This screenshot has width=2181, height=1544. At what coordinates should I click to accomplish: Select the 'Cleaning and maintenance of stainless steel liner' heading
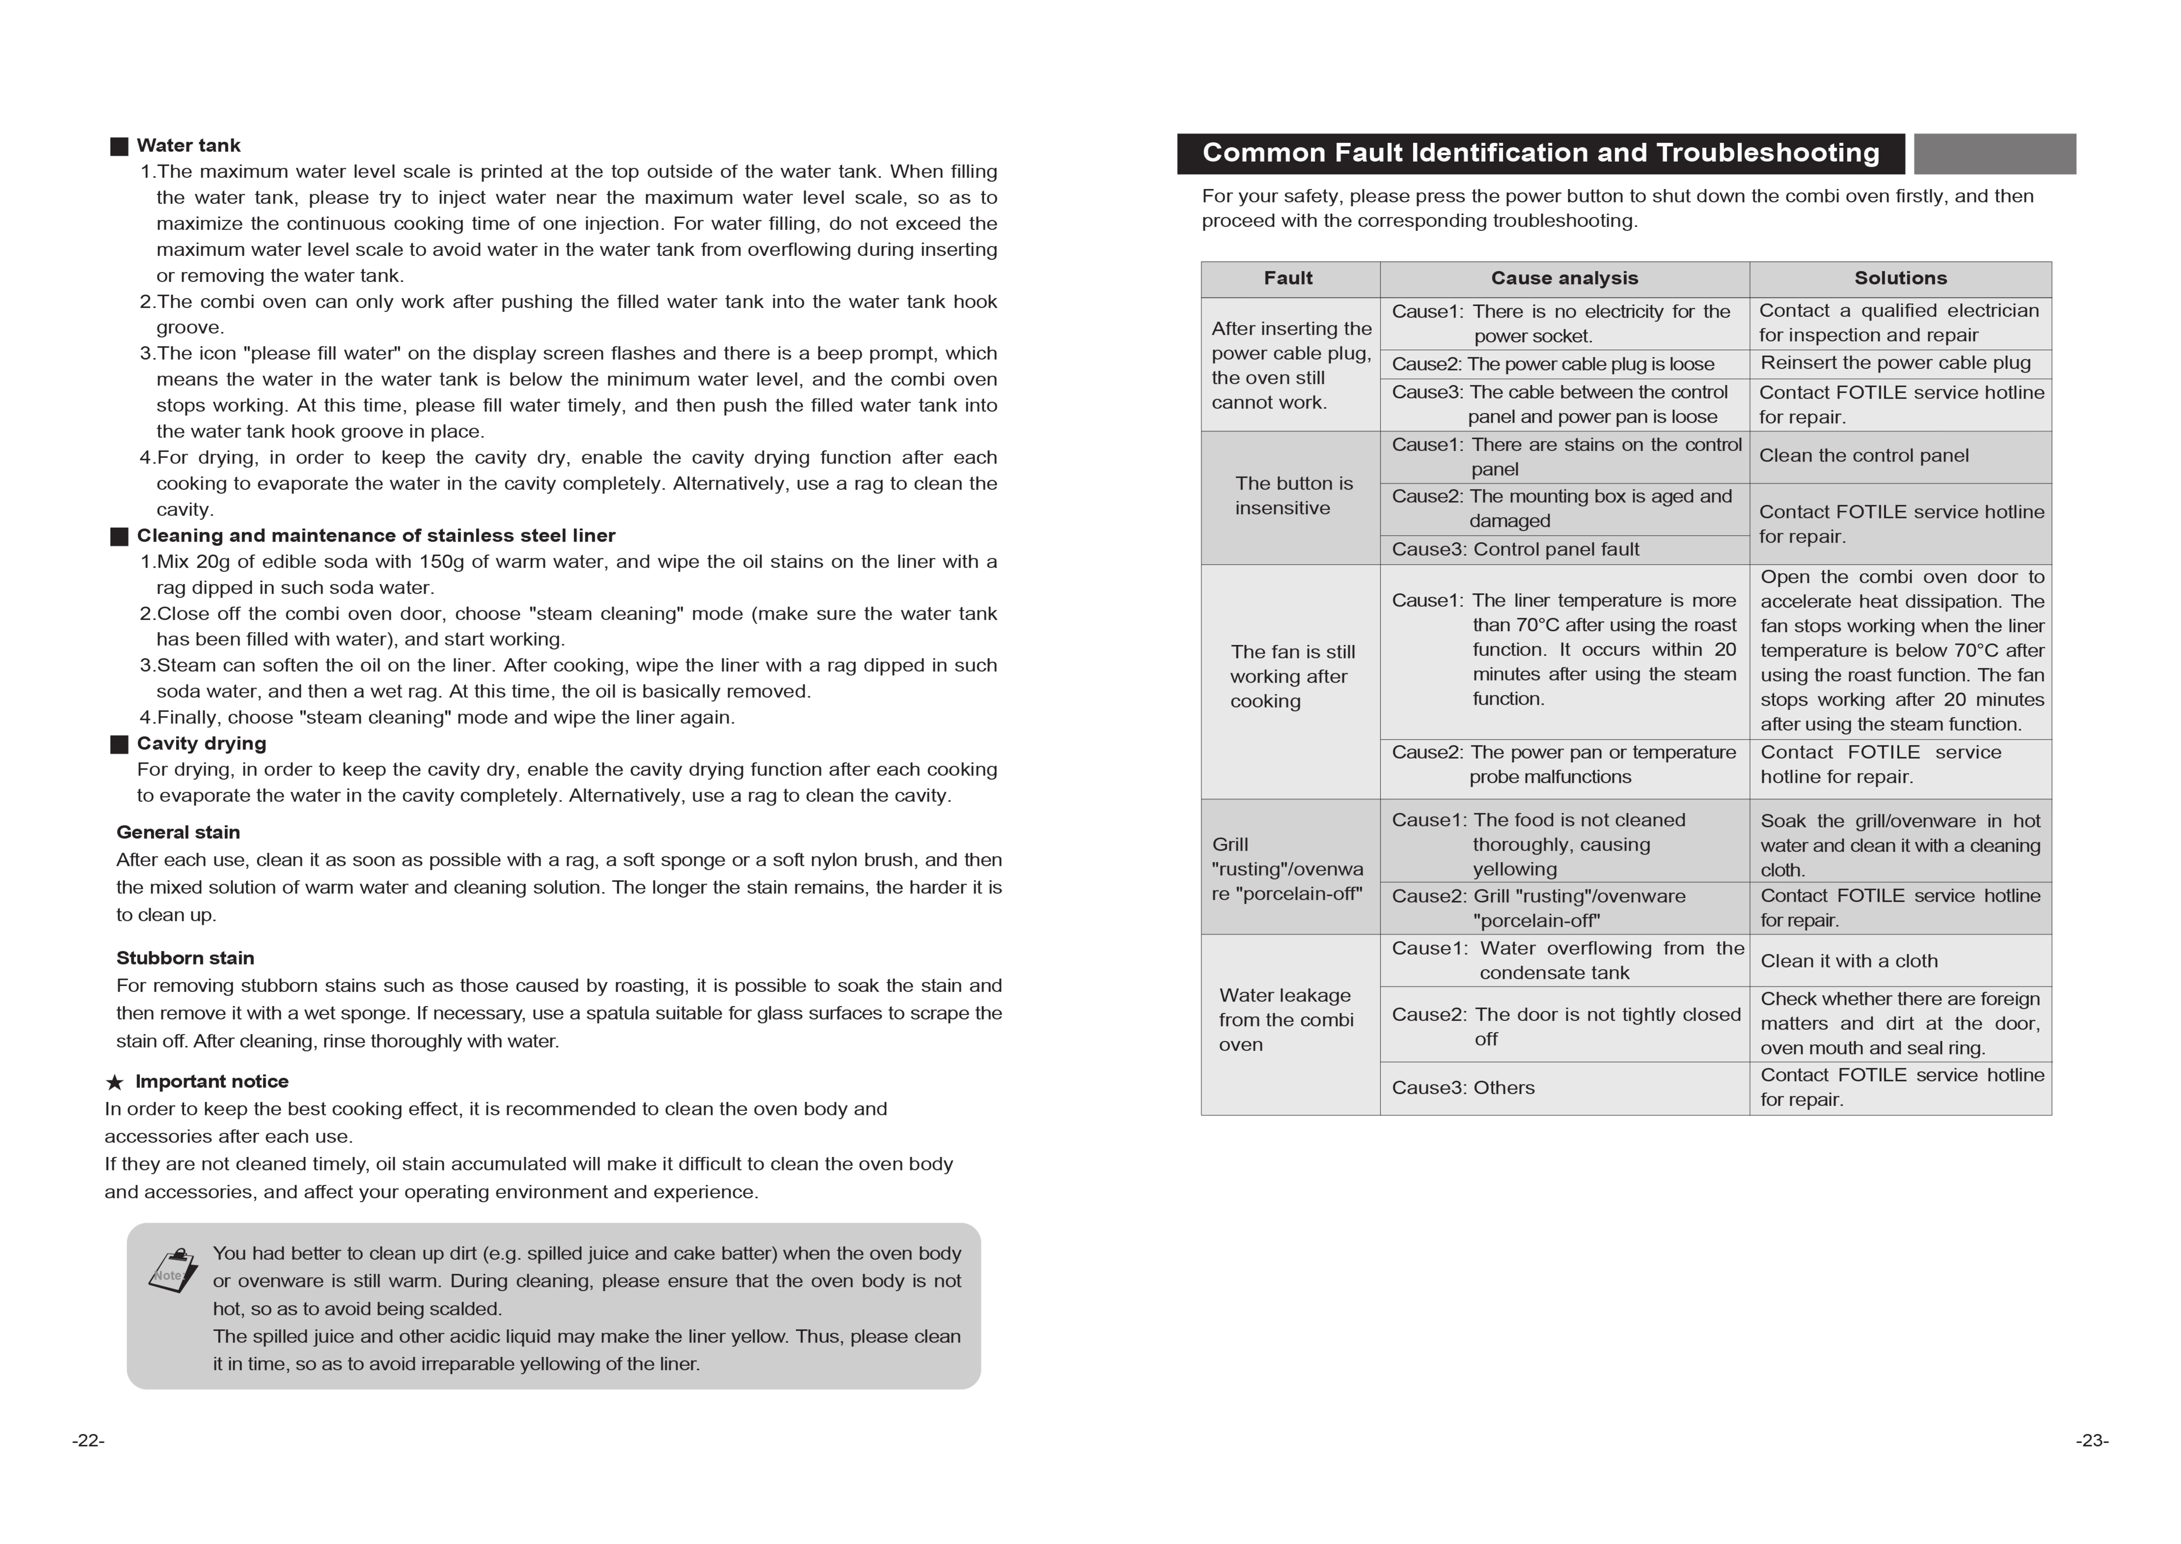coord(375,535)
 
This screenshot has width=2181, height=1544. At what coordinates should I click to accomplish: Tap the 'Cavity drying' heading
coord(201,744)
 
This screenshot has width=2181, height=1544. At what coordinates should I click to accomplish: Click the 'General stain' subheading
coord(178,832)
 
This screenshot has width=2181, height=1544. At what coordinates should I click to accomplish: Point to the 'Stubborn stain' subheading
coord(185,957)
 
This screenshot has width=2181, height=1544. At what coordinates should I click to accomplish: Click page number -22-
coord(88,1440)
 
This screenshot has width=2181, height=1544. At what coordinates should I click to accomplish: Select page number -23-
coord(2092,1440)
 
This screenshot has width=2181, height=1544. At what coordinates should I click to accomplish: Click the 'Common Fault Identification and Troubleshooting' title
coord(1540,153)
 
